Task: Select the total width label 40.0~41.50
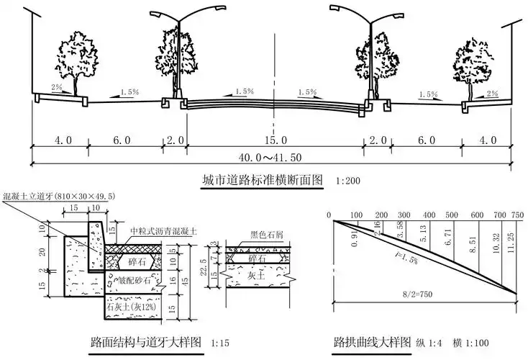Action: pos(274,157)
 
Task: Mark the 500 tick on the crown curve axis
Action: pos(451,215)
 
